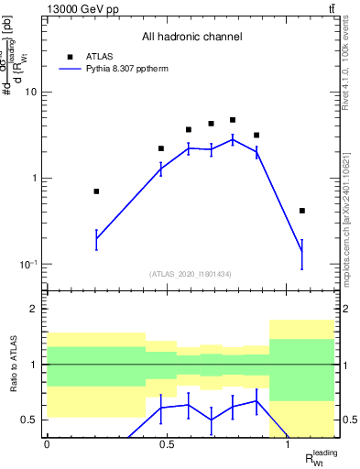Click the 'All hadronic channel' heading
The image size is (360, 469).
[x=191, y=38]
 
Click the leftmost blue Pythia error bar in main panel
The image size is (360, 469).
[x=96, y=239]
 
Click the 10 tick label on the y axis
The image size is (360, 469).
[x=30, y=92]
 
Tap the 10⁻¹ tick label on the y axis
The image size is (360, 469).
[x=27, y=265]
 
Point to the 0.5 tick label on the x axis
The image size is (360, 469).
[x=167, y=443]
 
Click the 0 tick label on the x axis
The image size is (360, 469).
[x=47, y=443]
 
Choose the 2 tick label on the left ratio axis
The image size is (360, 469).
[x=34, y=310]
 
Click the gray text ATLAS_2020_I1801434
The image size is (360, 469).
[x=190, y=274]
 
